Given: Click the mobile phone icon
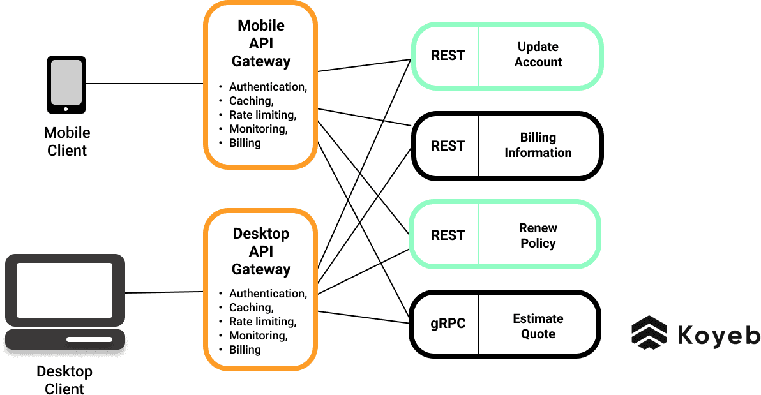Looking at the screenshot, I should coord(66,84).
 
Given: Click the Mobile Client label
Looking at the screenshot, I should coord(67,142).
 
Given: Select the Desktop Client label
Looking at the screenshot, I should coord(64,380).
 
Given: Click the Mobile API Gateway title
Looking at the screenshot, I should coord(261,43).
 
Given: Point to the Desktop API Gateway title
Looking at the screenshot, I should coord(260,251).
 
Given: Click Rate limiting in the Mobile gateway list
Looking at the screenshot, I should coord(262,115).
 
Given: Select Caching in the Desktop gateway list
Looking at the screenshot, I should coord(251,308).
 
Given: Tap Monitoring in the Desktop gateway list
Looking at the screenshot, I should coord(258,336).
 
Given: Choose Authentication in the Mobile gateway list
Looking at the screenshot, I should coord(267,87).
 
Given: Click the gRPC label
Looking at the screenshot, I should coord(448,324).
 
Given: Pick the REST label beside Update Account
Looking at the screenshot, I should coord(448,56).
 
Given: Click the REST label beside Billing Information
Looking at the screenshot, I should coord(448,146).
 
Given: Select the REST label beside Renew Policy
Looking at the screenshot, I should coord(448,235).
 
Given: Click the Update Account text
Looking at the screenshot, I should coord(538,55).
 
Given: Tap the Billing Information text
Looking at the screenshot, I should coord(538,145).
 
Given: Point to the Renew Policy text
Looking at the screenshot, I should coord(538,235).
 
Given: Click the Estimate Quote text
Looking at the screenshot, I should coord(538,326).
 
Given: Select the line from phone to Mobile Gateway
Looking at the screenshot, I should coord(144,84).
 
